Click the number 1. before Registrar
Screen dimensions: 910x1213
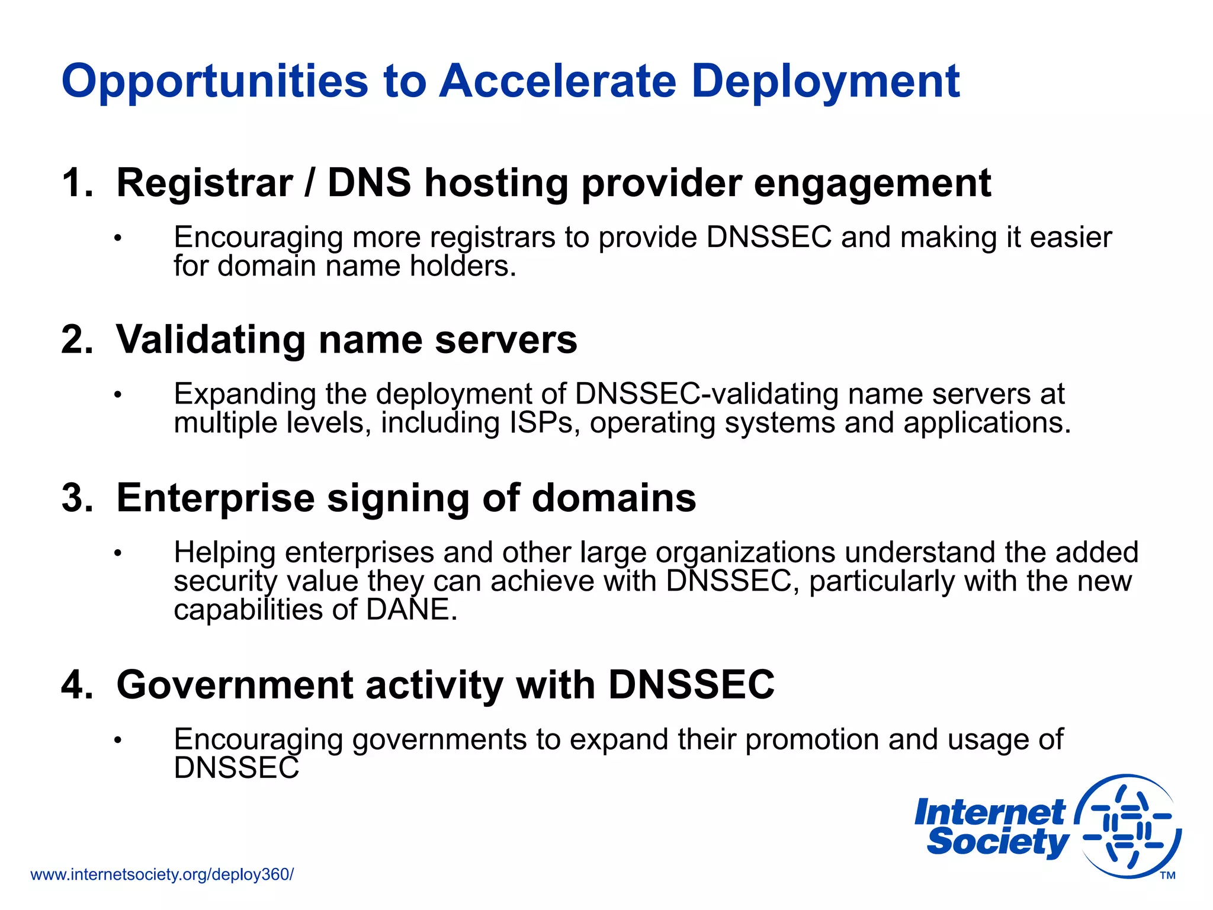pyautogui.click(x=78, y=182)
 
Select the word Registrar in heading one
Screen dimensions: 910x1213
pyautogui.click(x=204, y=184)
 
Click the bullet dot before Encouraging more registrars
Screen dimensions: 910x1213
pyautogui.click(x=118, y=239)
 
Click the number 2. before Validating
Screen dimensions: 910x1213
pyautogui.click(x=78, y=340)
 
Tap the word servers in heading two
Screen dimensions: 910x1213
pyautogui.click(x=506, y=340)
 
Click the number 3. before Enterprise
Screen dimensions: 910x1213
pyautogui.click(x=78, y=498)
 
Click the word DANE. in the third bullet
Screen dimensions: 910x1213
pyautogui.click(x=412, y=610)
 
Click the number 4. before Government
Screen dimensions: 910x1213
pyautogui.click(x=78, y=685)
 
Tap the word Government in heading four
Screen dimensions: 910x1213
pyautogui.click(x=235, y=685)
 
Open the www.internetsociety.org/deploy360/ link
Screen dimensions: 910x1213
pyautogui.click(x=162, y=874)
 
